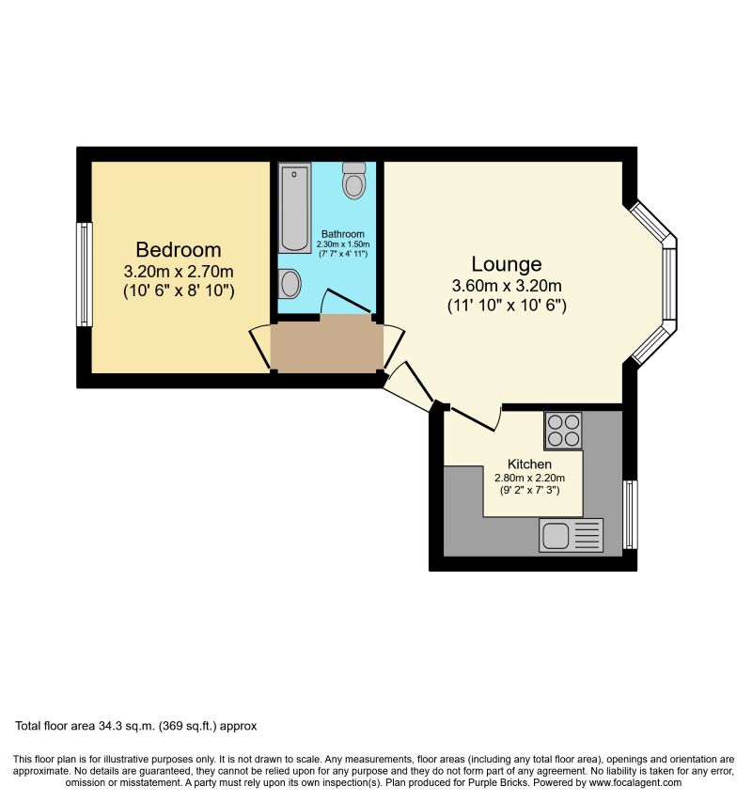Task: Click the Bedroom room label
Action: pyautogui.click(x=179, y=250)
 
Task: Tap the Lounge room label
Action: pyautogui.click(x=506, y=264)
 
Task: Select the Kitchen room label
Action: pyautogui.click(x=529, y=464)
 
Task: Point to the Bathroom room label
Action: pyautogui.click(x=342, y=234)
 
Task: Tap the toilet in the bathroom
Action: pyautogui.click(x=354, y=181)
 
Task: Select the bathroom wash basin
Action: pyautogui.click(x=290, y=282)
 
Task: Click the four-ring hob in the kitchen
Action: pyautogui.click(x=562, y=431)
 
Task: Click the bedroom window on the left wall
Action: pyautogui.click(x=85, y=275)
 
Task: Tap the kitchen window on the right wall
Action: pyautogui.click(x=630, y=513)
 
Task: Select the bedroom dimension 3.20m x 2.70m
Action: pyautogui.click(x=179, y=272)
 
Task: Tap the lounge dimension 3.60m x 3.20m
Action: pyautogui.click(x=506, y=287)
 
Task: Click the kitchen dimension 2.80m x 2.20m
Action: pyautogui.click(x=529, y=478)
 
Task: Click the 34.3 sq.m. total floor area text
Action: pyautogui.click(x=135, y=726)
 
